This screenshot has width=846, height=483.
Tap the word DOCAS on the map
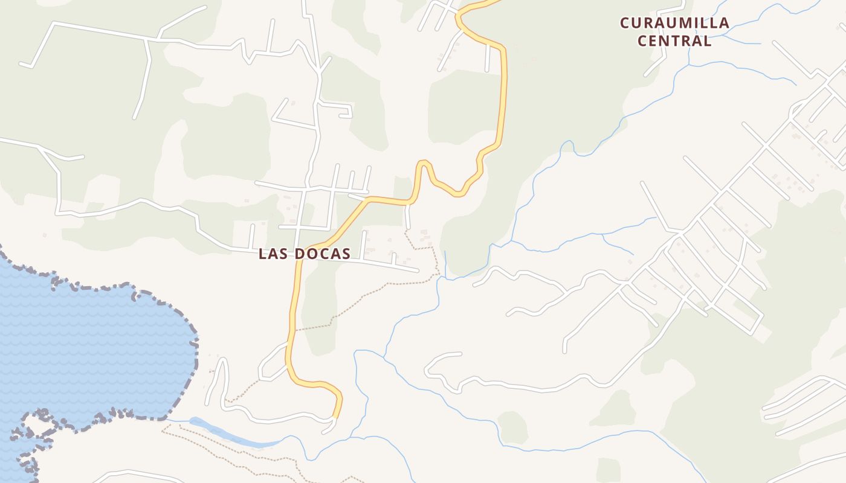point(323,254)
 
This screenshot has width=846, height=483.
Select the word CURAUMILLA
point(674,24)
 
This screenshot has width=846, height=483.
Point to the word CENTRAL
point(674,41)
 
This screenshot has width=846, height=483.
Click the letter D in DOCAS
point(300,254)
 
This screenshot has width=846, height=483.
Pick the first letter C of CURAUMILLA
point(626,24)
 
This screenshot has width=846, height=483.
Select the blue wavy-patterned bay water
point(91,350)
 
